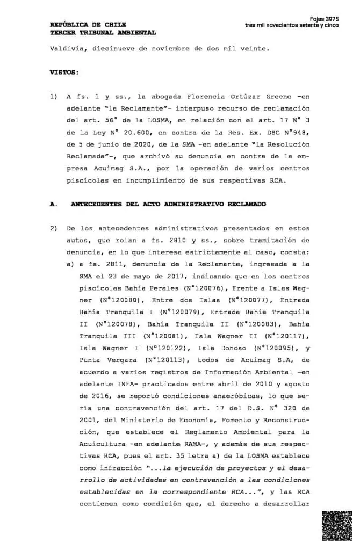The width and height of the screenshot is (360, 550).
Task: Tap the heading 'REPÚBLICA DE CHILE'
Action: tap(88, 25)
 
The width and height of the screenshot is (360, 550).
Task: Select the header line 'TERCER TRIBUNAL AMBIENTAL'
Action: tap(103, 32)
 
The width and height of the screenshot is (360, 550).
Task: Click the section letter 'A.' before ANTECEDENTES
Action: tap(53, 204)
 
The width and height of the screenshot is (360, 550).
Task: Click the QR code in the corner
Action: tap(336, 526)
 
